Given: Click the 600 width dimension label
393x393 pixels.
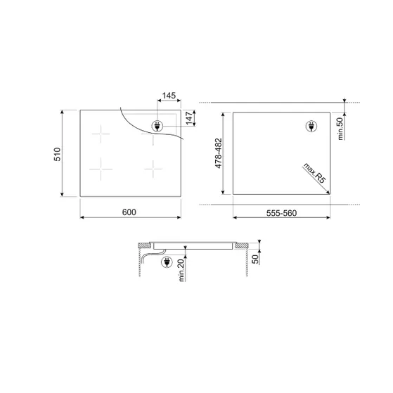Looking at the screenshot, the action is [x=129, y=212].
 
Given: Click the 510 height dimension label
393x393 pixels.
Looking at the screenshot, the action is [x=58, y=154].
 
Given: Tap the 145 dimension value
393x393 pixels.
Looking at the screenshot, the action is [x=169, y=96].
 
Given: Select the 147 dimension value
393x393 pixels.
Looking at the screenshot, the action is [x=189, y=118].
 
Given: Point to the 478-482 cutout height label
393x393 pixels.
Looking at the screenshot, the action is [x=219, y=153].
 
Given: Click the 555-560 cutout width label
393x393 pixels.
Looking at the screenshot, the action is [x=281, y=213].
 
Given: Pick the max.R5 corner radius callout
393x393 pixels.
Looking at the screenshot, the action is [x=314, y=173].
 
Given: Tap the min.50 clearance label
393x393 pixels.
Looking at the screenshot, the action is [x=340, y=129].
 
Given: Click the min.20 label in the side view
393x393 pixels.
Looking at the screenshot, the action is [x=181, y=270].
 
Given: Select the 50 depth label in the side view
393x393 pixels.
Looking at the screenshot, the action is [x=255, y=259].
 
